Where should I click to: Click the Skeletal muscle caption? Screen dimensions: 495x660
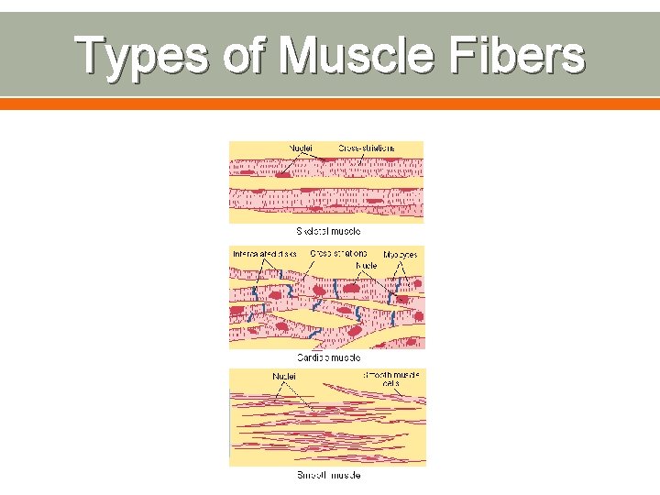327,231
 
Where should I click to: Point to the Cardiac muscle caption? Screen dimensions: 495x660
327,357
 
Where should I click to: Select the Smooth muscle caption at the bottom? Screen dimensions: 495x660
327,475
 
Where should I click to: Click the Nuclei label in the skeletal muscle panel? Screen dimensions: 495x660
300,147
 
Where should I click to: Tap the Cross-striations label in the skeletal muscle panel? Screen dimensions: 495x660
367,147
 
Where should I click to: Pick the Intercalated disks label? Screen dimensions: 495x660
264,253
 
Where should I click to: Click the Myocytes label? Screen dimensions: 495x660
400,254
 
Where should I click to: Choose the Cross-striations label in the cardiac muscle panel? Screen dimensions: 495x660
338,252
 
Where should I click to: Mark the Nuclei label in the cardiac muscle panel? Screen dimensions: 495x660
367,265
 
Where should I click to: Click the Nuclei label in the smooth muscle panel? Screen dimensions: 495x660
284,375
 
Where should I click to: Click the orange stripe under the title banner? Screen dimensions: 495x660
330,104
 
